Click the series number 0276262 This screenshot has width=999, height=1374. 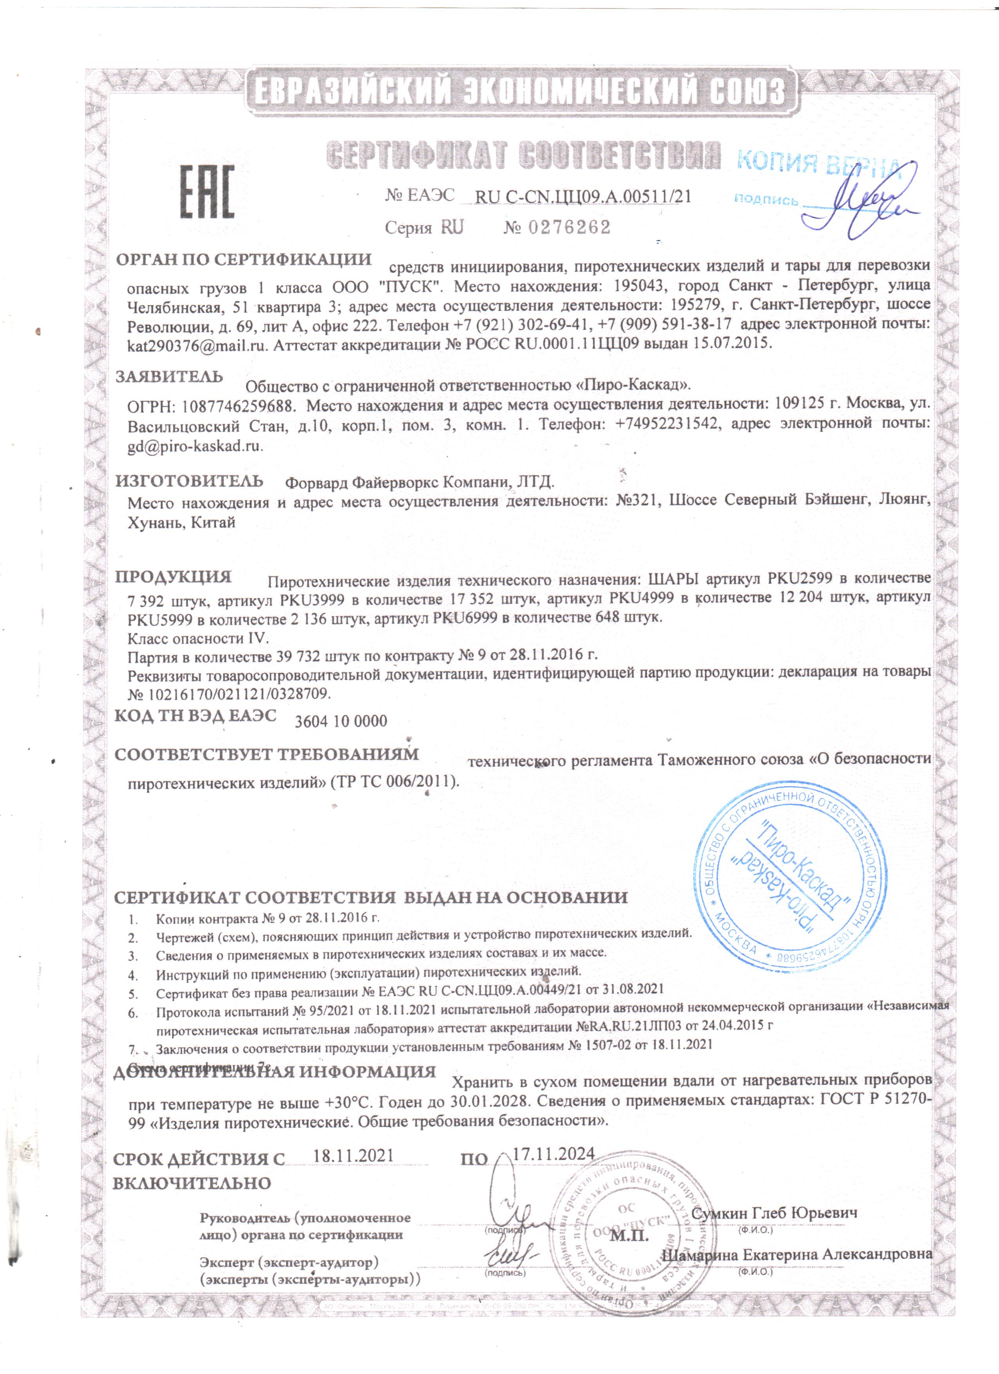tap(570, 228)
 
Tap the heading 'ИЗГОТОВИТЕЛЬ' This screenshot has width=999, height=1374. tap(190, 481)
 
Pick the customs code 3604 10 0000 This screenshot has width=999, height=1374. tap(340, 721)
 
